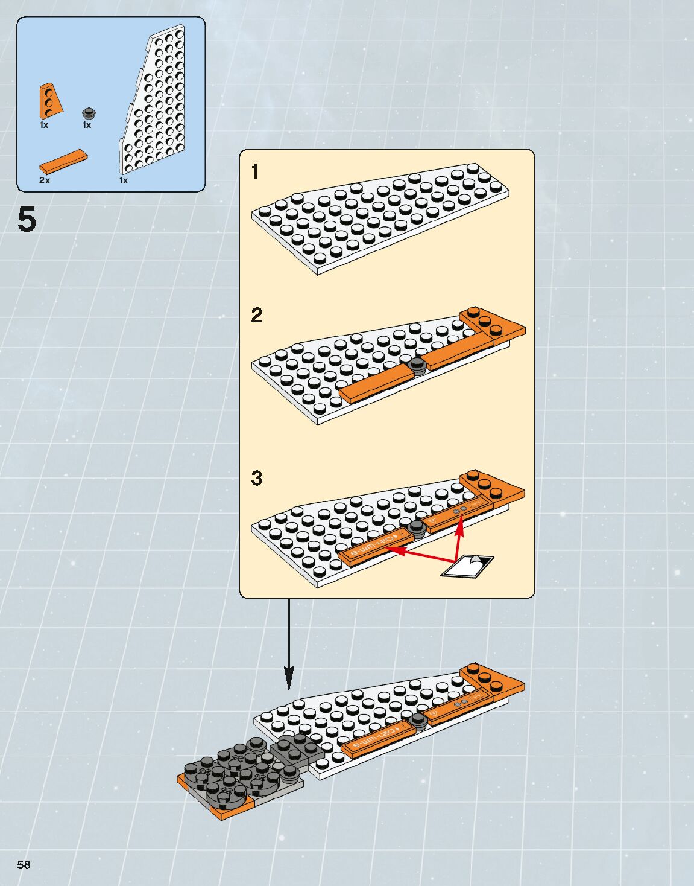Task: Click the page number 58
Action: pyautogui.click(x=24, y=864)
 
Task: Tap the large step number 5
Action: pyautogui.click(x=27, y=219)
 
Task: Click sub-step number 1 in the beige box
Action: pyautogui.click(x=255, y=172)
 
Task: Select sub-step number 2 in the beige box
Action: pyautogui.click(x=257, y=315)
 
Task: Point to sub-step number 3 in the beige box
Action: pyautogui.click(x=257, y=479)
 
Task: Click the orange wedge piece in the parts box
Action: pyautogui.click(x=50, y=101)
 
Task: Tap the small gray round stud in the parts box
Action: pyautogui.click(x=89, y=113)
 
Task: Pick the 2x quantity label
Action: pyautogui.click(x=45, y=180)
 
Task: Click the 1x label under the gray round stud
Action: pyautogui.click(x=87, y=125)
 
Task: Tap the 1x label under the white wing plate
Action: pyautogui.click(x=124, y=180)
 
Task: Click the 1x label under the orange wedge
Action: pyautogui.click(x=44, y=125)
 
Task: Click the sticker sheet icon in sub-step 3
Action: pyautogui.click(x=468, y=566)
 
